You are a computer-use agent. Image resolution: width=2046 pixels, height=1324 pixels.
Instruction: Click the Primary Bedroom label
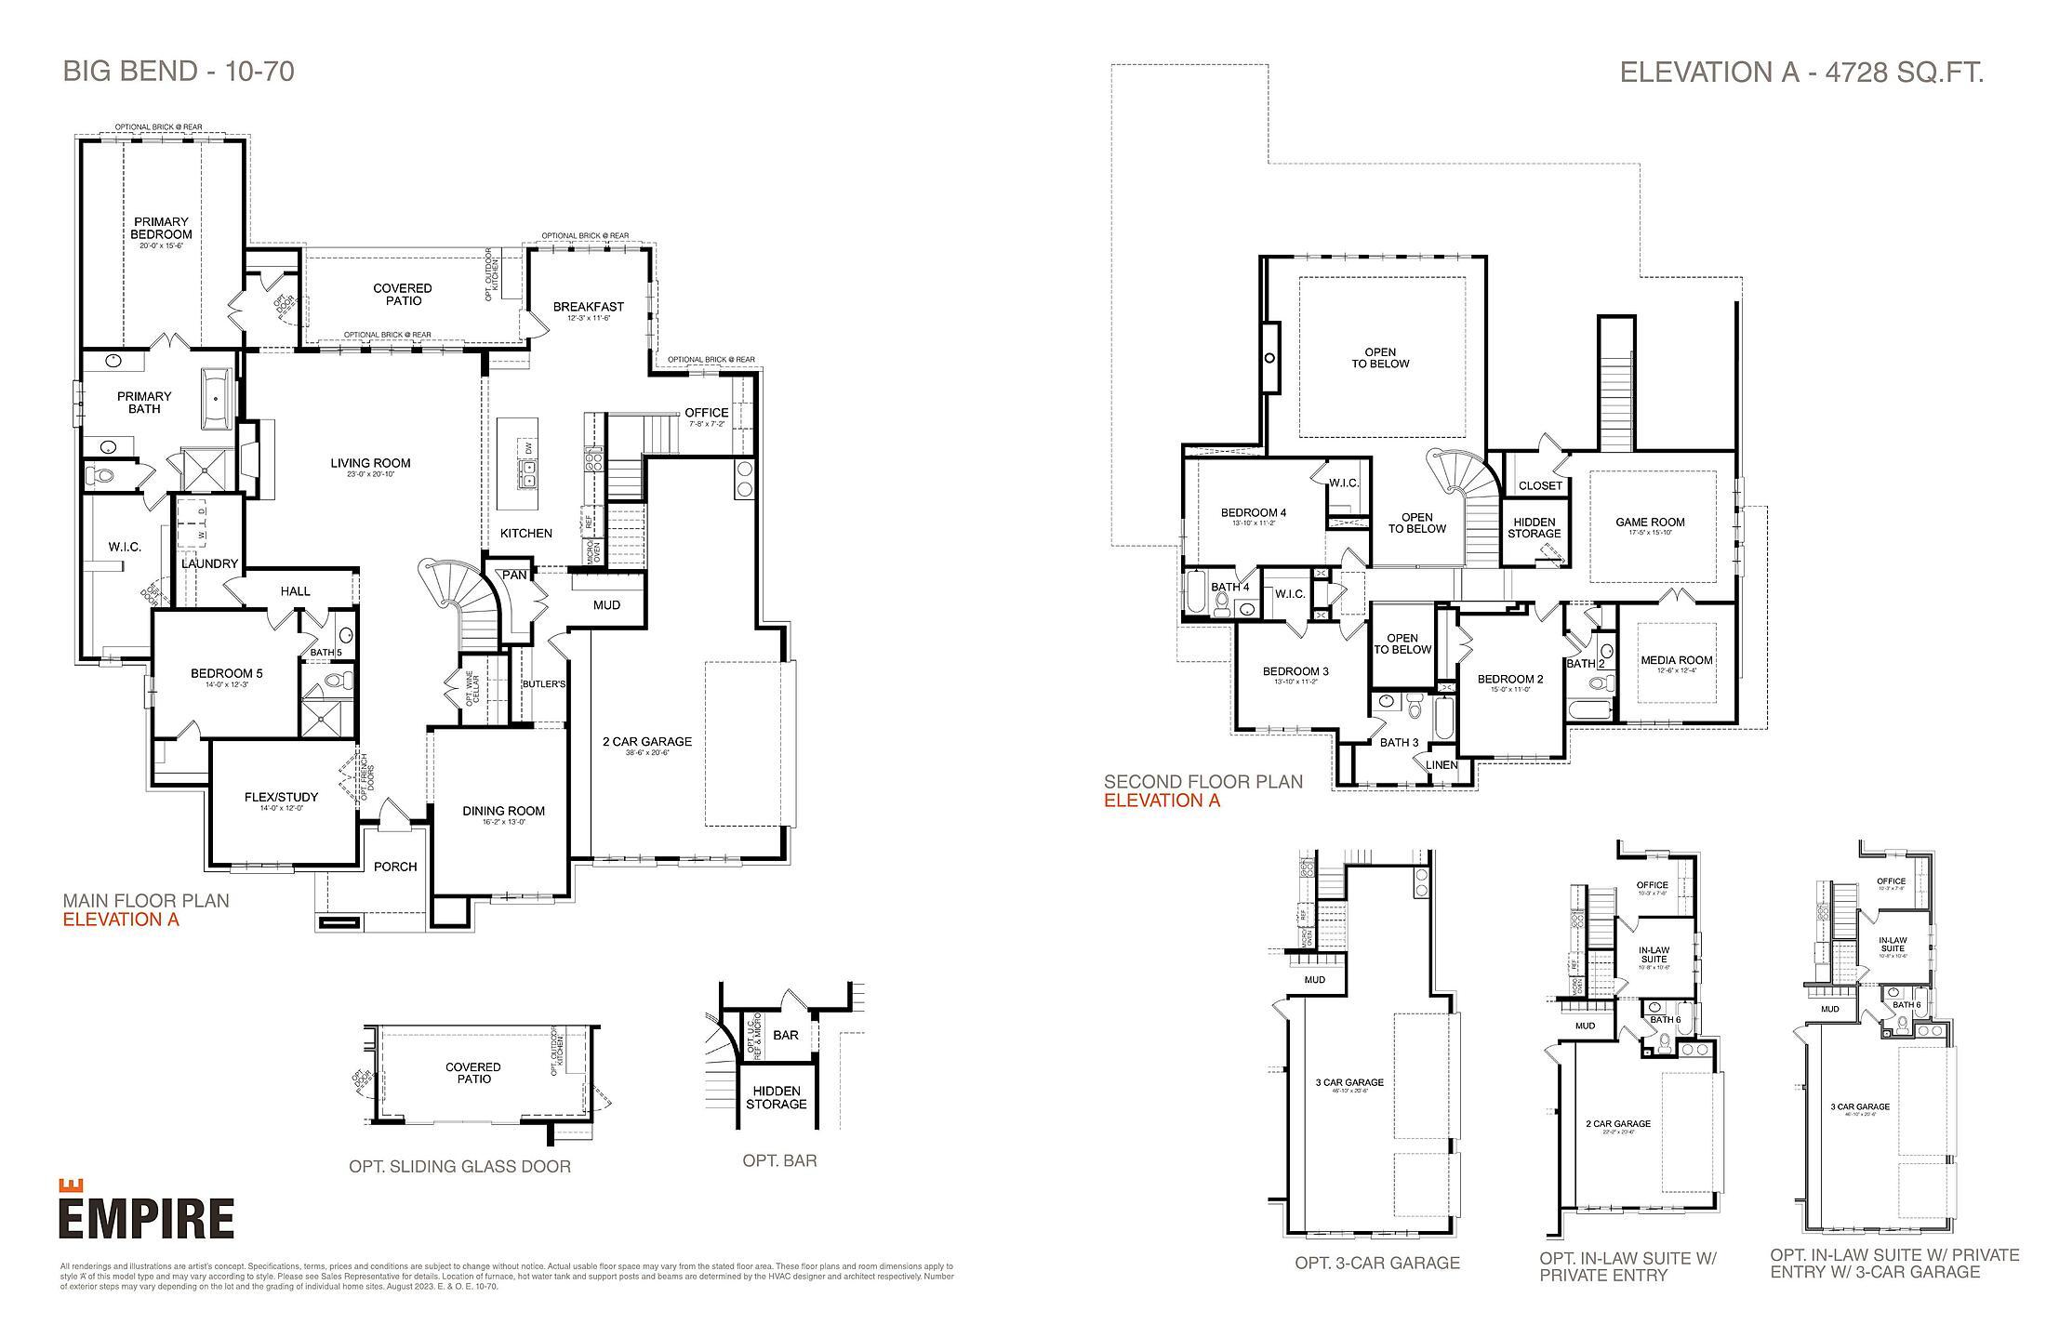point(161,229)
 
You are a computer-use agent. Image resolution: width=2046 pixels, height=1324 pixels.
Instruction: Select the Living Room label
point(370,464)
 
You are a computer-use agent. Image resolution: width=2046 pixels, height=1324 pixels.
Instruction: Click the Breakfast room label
point(589,308)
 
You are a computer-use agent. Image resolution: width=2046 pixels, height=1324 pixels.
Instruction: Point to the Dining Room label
point(503,812)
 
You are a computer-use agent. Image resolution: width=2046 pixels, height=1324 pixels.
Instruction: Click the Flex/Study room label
point(281,798)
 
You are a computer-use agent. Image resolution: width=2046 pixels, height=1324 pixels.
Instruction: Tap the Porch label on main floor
point(395,867)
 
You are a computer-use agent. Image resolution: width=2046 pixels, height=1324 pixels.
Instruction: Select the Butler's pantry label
point(544,685)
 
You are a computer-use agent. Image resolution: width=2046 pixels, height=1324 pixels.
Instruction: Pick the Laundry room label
point(209,564)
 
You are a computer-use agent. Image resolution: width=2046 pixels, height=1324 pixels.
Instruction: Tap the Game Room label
point(1650,523)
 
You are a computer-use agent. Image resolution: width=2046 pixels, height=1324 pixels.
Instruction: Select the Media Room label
point(1676,661)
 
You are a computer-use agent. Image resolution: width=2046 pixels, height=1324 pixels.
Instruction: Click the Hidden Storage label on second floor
point(1534,528)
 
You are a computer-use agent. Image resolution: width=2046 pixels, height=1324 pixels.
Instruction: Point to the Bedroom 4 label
point(1253,513)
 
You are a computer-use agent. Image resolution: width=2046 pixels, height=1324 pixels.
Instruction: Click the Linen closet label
point(1441,765)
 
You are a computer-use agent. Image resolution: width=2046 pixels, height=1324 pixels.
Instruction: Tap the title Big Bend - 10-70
point(179,72)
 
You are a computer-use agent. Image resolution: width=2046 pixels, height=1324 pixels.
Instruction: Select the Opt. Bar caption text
point(779,1160)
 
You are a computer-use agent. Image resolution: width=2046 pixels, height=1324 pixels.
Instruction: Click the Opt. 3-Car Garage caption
point(1376,1264)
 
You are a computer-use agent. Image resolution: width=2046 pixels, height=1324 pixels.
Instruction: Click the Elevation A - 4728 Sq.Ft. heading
point(1801,73)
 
